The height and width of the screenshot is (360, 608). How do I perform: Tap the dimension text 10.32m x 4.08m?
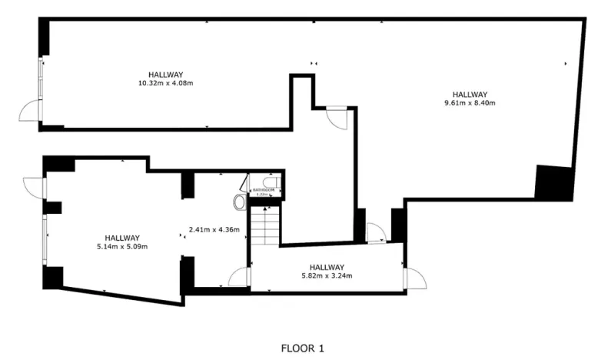(x=165, y=82)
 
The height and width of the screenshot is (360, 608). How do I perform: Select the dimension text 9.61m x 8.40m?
(x=470, y=103)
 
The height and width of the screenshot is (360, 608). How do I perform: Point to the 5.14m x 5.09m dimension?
(x=122, y=246)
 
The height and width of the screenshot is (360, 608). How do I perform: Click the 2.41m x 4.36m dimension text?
(x=214, y=229)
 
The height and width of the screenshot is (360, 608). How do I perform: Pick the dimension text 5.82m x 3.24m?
(x=326, y=275)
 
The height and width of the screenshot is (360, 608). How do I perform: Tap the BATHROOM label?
(x=265, y=189)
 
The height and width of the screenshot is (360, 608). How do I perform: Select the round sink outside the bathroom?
(x=239, y=202)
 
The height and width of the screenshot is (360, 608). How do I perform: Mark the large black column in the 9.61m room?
(x=553, y=182)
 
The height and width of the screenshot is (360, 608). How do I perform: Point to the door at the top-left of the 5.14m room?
(x=35, y=185)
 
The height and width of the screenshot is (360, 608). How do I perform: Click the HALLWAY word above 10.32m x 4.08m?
(x=165, y=74)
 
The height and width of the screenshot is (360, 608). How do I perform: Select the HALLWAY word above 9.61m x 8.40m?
(x=470, y=95)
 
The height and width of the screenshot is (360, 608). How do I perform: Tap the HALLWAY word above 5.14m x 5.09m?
(x=122, y=238)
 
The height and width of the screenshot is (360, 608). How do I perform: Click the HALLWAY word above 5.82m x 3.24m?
(x=326, y=267)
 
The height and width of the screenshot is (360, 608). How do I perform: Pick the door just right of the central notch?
(x=337, y=118)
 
